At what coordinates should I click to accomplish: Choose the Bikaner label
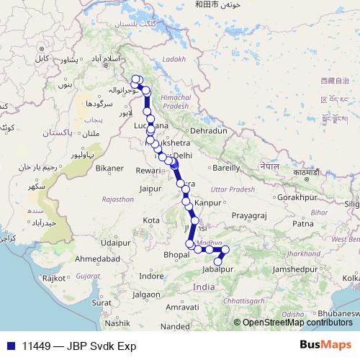109,168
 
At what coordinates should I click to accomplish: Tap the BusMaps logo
325,345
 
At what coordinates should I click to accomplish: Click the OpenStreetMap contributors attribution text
297,322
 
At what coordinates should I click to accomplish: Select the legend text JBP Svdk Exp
101,346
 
